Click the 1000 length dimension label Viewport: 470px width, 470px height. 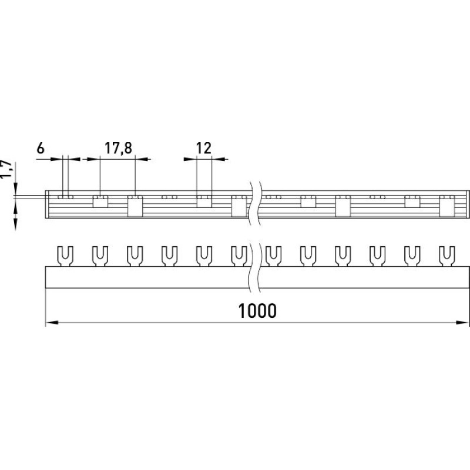coord(257,311)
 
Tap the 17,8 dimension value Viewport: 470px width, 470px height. coord(118,149)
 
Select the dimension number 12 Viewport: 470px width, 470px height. coord(204,148)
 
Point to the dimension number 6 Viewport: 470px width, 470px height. coord(41,148)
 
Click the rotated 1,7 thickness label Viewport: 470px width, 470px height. coord(6,170)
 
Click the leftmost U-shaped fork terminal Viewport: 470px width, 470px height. coord(65,256)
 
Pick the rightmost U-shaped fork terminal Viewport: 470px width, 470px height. coord(447,256)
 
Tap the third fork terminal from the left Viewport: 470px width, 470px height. coord(135,256)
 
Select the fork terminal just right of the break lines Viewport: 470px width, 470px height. coord(273,256)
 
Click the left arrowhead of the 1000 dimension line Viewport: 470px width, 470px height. coord(52,323)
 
